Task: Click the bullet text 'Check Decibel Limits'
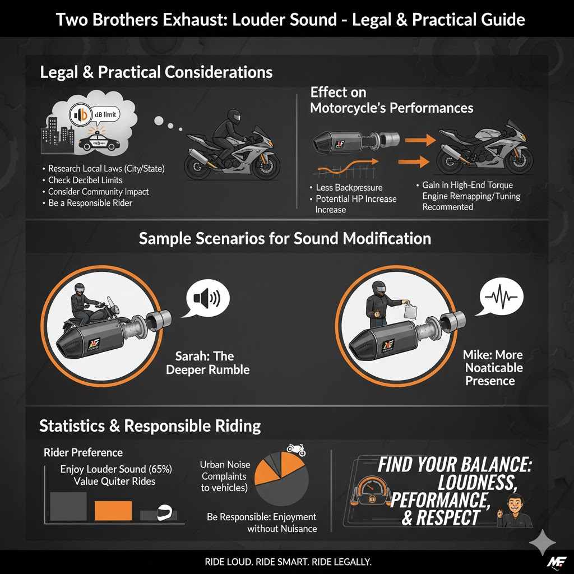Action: (85, 180)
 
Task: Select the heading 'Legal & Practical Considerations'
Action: (156, 72)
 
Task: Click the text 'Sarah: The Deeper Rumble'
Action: (208, 363)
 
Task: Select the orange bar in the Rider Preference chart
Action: (113, 511)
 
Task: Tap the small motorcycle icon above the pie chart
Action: (295, 448)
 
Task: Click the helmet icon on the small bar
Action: (162, 513)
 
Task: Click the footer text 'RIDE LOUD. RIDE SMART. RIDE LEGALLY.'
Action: (286, 562)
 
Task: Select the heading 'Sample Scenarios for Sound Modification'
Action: (285, 238)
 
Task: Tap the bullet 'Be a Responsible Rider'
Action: (90, 203)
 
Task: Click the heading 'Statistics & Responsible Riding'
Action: (150, 426)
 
